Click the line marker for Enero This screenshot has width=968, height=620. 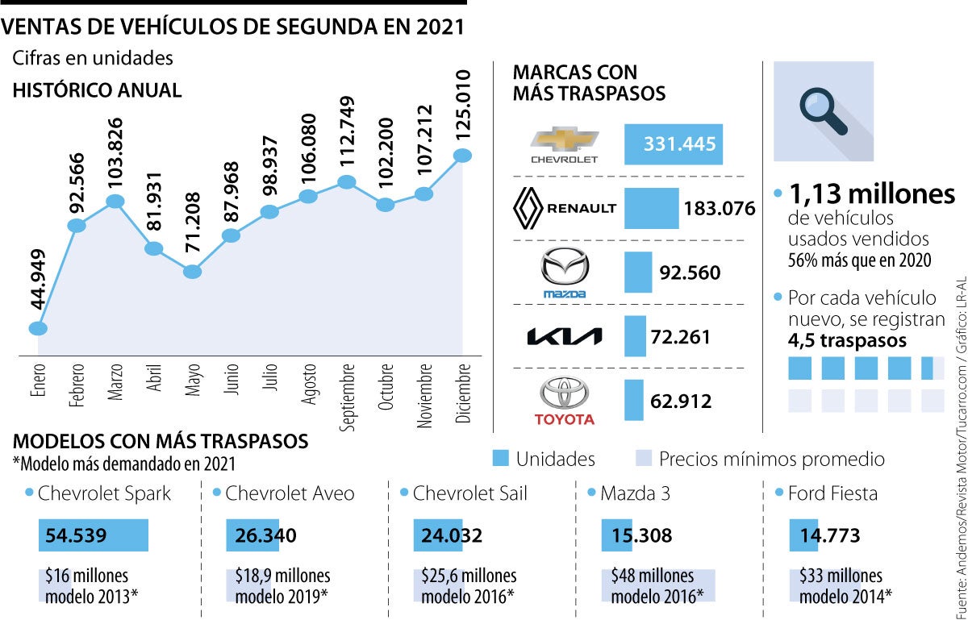click(38, 328)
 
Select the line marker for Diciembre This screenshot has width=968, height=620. click(463, 156)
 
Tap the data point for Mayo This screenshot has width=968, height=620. click(192, 272)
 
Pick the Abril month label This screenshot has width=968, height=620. click(154, 379)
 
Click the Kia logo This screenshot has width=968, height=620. click(564, 337)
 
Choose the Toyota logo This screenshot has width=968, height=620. click(564, 395)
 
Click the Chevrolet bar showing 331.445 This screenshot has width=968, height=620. click(674, 144)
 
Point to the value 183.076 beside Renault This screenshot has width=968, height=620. click(719, 209)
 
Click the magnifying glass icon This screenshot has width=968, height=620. click(823, 111)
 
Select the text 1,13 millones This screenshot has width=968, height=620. click(871, 194)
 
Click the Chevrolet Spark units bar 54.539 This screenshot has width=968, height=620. click(94, 535)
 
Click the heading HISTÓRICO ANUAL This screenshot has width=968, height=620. click(97, 90)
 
